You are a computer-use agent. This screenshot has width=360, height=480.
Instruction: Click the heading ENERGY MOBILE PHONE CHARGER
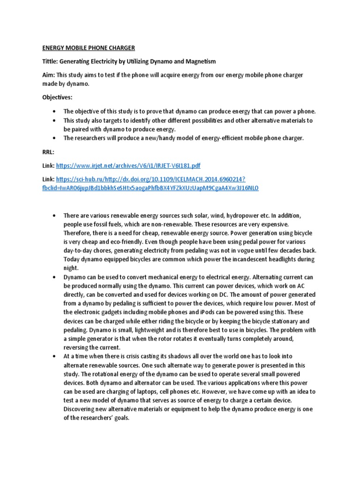click(89, 48)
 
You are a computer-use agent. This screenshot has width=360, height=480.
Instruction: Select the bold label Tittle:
click(53, 62)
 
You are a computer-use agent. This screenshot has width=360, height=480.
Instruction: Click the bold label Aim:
click(49, 75)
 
